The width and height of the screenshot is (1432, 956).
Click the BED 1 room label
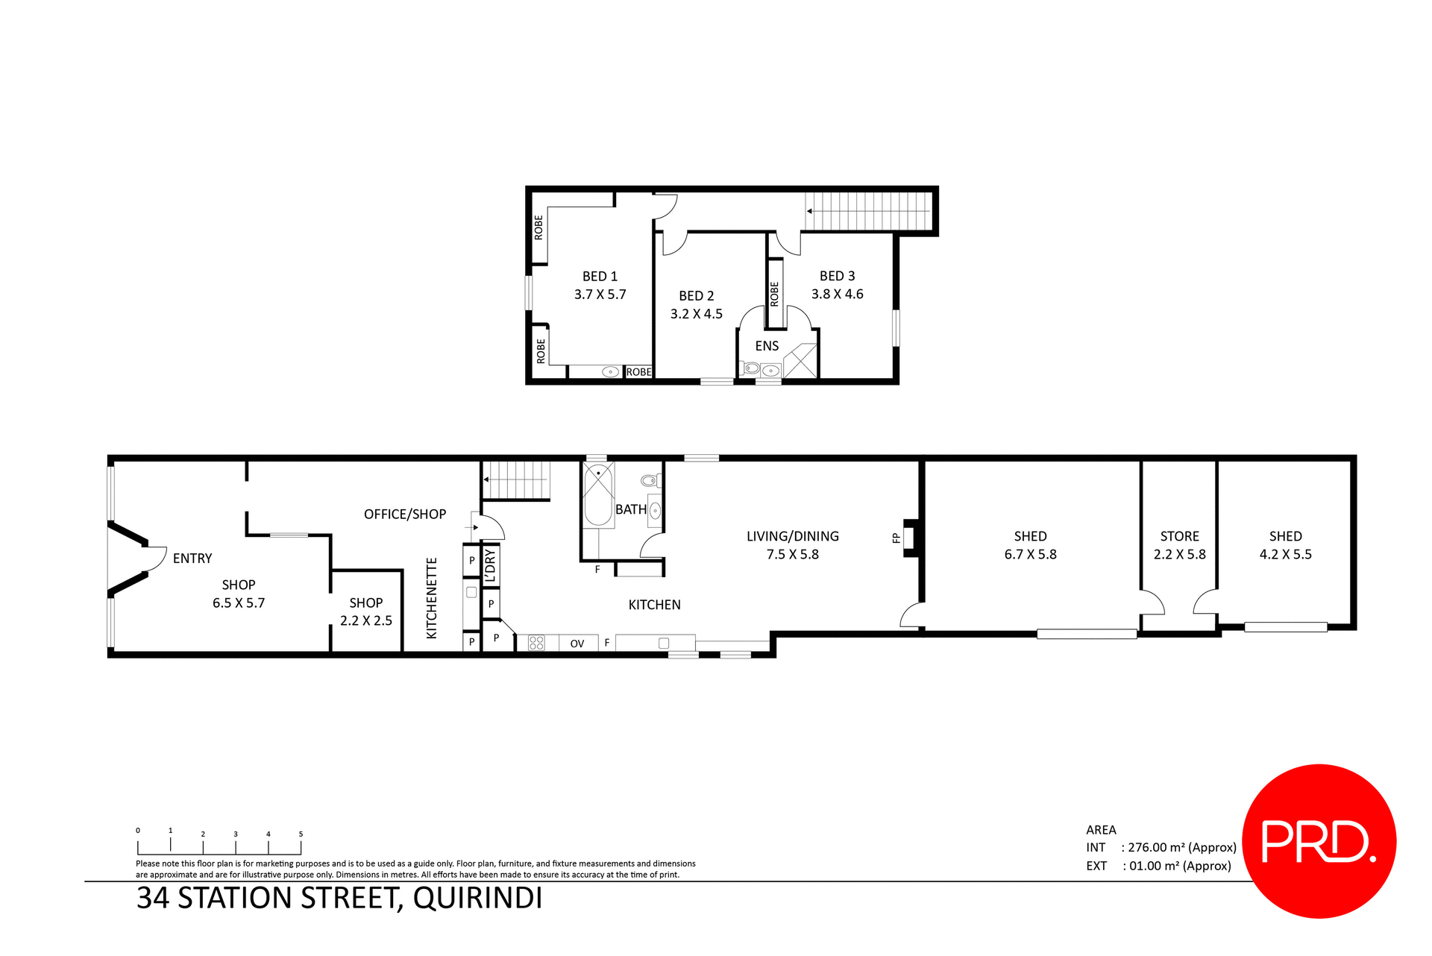[x=600, y=277]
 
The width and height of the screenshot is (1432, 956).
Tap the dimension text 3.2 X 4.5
[x=696, y=314]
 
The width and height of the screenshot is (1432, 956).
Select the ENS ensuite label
[x=767, y=346]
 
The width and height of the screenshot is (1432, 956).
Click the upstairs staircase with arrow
[x=869, y=211]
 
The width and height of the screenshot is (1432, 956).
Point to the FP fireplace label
[x=896, y=538]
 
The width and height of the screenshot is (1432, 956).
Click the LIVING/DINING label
[x=792, y=536]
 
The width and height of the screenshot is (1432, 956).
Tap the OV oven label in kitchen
[x=577, y=644]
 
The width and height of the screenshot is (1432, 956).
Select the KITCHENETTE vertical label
[x=431, y=598]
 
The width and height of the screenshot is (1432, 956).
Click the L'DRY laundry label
[x=490, y=565]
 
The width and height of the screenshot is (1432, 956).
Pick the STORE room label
[x=1179, y=536]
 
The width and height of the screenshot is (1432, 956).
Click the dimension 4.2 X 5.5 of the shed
[x=1285, y=554]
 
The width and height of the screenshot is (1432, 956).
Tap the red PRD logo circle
[x=1319, y=840]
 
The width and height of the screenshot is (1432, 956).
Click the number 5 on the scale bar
[x=301, y=834]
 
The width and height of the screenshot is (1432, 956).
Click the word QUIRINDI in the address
[x=477, y=898]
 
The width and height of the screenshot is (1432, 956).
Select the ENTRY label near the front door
[x=192, y=559]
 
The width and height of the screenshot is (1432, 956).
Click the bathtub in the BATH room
[x=597, y=496]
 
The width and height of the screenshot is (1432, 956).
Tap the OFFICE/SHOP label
[x=404, y=514]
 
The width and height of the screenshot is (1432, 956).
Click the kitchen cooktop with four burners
[x=536, y=643]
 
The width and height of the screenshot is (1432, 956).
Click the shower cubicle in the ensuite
[x=800, y=361]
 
